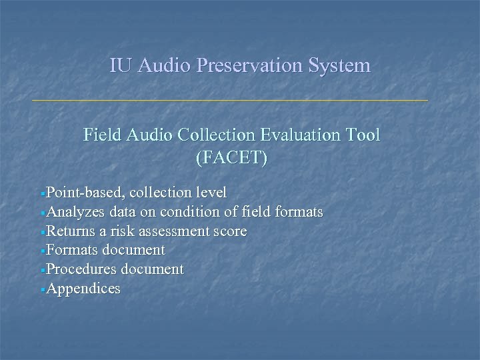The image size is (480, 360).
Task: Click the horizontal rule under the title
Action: point(230,101)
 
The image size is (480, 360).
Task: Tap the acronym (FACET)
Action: point(231,158)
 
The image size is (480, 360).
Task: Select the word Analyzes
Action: point(75,212)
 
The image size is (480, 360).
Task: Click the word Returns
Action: point(71,231)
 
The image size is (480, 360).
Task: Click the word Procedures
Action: point(80,269)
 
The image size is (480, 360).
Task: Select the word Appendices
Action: point(83,289)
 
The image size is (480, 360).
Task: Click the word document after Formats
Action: point(133,250)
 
